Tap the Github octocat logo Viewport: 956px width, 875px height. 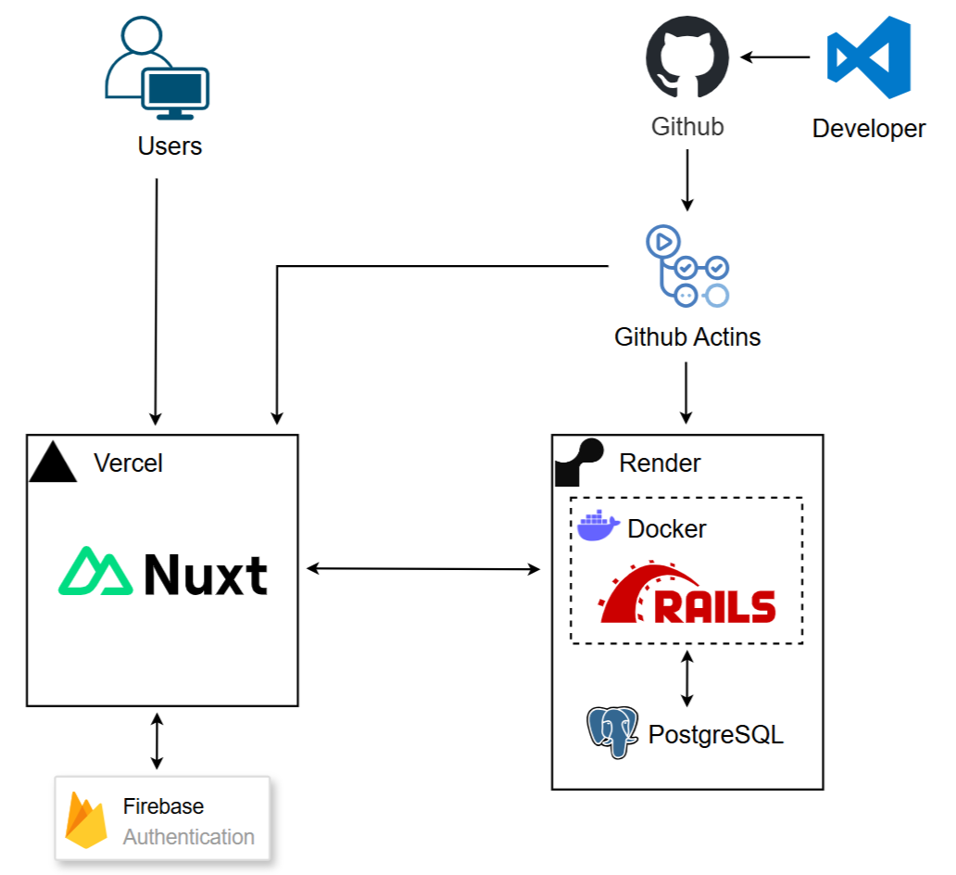coord(686,58)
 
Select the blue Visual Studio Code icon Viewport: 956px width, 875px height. coord(869,57)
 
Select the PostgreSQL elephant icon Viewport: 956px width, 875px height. coord(612,732)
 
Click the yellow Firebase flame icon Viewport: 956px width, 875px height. coord(85,821)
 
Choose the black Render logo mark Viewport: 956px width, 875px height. coord(578,462)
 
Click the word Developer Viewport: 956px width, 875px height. coord(869,129)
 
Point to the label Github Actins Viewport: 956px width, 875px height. coord(687,336)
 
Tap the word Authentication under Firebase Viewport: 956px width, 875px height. coord(189,837)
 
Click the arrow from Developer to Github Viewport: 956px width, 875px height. coord(775,57)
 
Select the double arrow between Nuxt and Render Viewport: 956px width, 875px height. coord(423,568)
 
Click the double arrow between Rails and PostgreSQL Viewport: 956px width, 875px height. coord(686,678)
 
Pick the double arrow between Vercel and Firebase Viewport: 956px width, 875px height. coord(157,741)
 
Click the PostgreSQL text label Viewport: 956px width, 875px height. coord(716,735)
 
